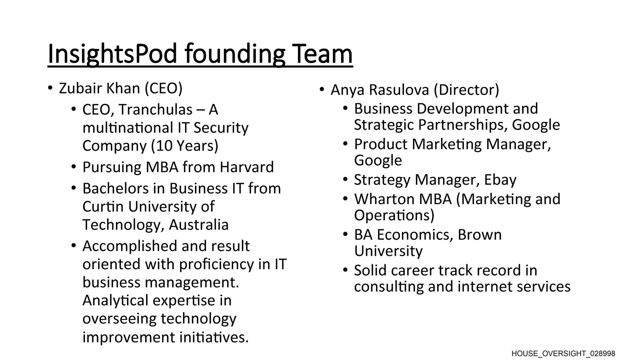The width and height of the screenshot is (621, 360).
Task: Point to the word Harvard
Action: tap(247, 167)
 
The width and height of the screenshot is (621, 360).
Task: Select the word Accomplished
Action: tap(130, 246)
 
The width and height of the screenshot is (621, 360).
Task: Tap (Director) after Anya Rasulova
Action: tap(466, 90)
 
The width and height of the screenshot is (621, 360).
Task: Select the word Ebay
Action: tap(500, 180)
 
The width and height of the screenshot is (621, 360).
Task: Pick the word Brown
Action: tap(480, 235)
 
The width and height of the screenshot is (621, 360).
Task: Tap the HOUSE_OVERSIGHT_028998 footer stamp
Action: tap(563, 354)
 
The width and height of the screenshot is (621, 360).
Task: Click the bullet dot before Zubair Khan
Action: tap(49, 88)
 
